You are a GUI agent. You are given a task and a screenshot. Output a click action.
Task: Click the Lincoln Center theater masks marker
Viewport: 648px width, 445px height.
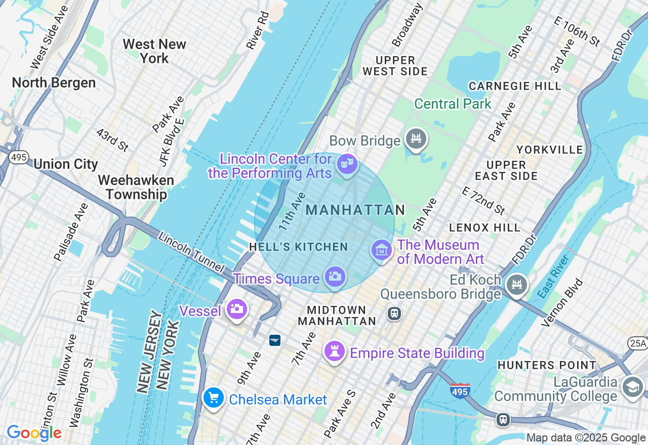click(347, 164)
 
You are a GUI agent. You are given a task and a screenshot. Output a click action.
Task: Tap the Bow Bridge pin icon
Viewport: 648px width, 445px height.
click(416, 138)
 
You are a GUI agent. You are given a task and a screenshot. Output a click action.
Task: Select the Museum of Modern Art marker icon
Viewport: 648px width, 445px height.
click(382, 250)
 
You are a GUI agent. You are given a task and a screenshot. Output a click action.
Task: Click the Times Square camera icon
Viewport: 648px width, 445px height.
click(335, 277)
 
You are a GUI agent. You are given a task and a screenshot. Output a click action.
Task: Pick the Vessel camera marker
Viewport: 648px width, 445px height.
click(236, 308)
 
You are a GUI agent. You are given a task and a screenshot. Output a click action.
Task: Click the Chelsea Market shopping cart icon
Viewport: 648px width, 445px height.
click(214, 397)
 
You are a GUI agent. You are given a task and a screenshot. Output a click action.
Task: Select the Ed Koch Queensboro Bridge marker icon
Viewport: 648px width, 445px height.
click(517, 285)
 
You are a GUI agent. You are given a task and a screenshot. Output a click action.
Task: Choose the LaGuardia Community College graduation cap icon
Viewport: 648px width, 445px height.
click(633, 387)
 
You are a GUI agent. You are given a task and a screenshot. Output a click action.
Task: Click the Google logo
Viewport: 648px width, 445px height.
click(34, 433)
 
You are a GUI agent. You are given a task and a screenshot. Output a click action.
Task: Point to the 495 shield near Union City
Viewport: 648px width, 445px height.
click(19, 157)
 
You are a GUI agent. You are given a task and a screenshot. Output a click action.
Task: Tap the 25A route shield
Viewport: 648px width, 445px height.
click(637, 343)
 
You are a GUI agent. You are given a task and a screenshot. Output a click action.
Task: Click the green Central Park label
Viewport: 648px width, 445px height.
click(453, 104)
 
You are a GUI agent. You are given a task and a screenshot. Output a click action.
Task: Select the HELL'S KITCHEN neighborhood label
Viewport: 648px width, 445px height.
click(298, 247)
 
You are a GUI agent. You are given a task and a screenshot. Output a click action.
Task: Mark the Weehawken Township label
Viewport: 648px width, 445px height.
click(136, 187)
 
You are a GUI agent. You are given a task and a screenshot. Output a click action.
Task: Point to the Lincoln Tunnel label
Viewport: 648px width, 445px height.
click(190, 252)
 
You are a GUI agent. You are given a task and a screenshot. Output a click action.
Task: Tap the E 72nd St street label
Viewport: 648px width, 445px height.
click(483, 200)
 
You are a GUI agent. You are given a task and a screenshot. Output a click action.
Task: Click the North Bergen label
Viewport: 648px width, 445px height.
click(54, 83)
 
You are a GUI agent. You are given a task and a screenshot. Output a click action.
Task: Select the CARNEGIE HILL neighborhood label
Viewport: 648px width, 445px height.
click(514, 86)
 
